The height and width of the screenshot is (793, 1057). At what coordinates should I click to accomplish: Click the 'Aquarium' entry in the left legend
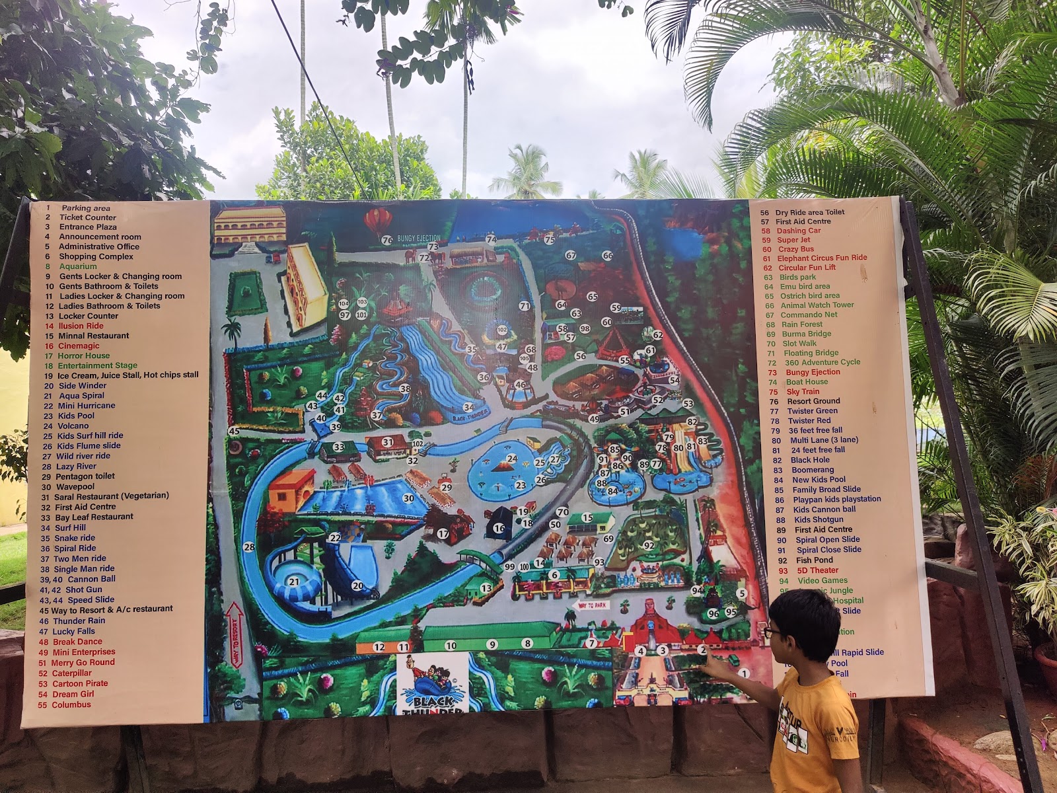(x=77, y=266)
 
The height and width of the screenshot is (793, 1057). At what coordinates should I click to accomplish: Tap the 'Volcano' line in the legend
(x=75, y=426)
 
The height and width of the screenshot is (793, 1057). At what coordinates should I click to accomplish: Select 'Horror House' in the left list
(x=83, y=356)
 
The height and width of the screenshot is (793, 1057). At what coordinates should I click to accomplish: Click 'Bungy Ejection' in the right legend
(x=813, y=372)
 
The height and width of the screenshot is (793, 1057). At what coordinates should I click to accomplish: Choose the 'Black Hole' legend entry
(x=810, y=460)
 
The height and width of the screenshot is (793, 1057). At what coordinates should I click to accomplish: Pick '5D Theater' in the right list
(x=817, y=570)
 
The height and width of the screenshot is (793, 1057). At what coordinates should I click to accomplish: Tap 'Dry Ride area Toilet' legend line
(x=810, y=212)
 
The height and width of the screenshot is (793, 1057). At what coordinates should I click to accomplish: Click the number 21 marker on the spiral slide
(x=294, y=582)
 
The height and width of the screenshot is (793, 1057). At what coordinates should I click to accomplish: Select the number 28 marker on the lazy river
(x=249, y=547)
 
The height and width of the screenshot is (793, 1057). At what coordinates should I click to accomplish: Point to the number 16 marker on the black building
(x=499, y=528)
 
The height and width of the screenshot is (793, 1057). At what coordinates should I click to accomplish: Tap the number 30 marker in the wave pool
(x=408, y=498)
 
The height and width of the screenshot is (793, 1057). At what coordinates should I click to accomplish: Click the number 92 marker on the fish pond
(x=649, y=545)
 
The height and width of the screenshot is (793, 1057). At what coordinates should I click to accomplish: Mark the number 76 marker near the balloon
(x=387, y=241)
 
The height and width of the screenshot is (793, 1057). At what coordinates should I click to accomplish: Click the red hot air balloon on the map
(x=377, y=221)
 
